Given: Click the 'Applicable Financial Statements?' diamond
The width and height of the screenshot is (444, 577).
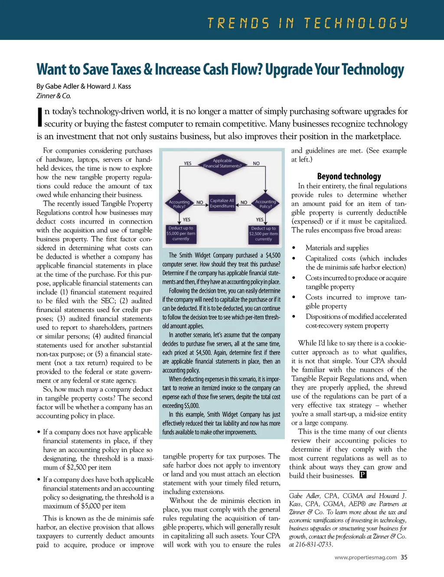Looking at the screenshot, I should pyautogui.click(x=222, y=164).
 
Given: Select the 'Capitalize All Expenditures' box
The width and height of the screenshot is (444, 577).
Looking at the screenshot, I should pyautogui.click(x=222, y=203).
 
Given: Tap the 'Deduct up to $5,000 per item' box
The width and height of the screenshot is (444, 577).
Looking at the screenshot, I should pyautogui.click(x=181, y=233).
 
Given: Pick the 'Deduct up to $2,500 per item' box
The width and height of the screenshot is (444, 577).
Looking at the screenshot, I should pyautogui.click(x=263, y=233).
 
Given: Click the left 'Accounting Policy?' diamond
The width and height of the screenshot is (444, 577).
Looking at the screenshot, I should pyautogui.click(x=179, y=204).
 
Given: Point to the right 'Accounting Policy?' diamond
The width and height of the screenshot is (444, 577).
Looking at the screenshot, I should pyautogui.click(x=265, y=204).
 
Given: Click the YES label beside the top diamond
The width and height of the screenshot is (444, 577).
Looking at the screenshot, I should pyautogui.click(x=187, y=164).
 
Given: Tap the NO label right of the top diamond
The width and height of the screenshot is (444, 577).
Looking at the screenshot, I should pyautogui.click(x=256, y=164).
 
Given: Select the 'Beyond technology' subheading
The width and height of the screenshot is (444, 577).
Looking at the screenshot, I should pyautogui.click(x=349, y=176).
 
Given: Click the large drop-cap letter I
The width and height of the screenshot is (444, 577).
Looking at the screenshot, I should pyautogui.click(x=39, y=118).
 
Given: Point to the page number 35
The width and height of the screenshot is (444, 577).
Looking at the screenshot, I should pyautogui.click(x=404, y=557).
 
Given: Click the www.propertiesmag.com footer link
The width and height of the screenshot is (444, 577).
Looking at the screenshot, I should pyautogui.click(x=366, y=557).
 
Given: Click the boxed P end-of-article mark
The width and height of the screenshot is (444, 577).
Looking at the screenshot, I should pyautogui.click(x=363, y=475).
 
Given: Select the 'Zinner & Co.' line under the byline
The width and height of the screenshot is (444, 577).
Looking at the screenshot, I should pyautogui.click(x=53, y=96).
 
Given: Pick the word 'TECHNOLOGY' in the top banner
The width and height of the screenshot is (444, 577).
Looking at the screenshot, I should pyautogui.click(x=356, y=23).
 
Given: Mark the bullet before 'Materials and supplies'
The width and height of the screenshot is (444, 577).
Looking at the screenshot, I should pyautogui.click(x=294, y=248).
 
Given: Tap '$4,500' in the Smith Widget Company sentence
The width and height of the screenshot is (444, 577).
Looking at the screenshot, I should pyautogui.click(x=273, y=256).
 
